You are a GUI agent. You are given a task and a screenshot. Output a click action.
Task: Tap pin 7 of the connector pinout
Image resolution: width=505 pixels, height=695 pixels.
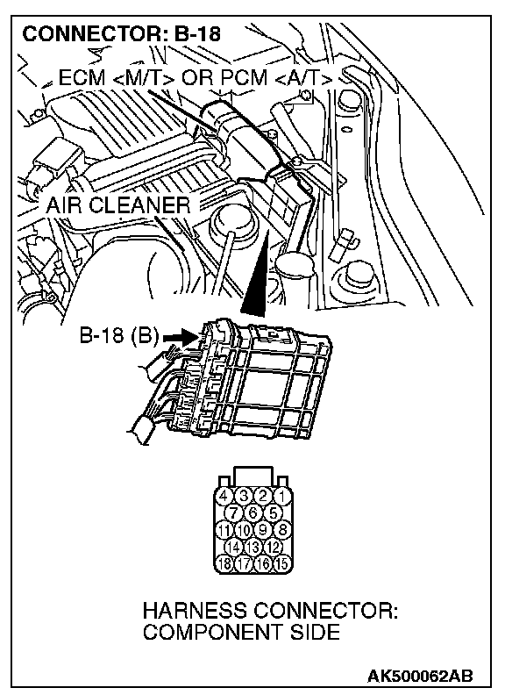[233, 512]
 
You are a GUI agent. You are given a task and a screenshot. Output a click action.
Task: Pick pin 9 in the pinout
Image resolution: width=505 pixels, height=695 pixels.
[263, 530]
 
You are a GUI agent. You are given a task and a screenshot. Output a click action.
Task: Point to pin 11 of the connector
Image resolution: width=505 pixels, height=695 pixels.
[224, 530]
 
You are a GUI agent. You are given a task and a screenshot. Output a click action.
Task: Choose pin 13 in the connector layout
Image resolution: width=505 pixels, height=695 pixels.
[253, 547]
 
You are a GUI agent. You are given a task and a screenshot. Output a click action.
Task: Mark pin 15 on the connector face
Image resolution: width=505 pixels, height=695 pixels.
[281, 563]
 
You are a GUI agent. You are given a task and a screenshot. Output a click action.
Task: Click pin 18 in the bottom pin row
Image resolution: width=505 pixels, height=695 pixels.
[224, 563]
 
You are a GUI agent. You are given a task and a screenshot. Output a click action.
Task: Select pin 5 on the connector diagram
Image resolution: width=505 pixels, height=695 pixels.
[273, 512]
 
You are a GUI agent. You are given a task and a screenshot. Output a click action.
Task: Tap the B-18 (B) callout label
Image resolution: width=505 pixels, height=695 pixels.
[118, 335]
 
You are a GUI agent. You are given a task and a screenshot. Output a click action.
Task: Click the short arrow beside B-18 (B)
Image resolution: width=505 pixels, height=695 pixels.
[180, 338]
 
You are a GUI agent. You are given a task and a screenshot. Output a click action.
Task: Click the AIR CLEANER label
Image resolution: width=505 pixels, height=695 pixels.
[117, 204]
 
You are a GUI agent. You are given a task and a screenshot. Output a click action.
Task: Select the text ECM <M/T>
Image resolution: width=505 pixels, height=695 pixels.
[117, 79]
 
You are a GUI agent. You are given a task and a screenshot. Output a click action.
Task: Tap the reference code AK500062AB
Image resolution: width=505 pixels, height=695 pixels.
[419, 677]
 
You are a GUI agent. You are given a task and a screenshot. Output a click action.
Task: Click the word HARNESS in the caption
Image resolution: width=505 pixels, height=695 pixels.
[195, 613]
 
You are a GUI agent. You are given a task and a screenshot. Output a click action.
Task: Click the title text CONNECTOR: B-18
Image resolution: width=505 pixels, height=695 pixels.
[121, 33]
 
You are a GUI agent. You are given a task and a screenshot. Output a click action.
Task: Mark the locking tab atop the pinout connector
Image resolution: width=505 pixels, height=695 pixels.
[253, 476]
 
